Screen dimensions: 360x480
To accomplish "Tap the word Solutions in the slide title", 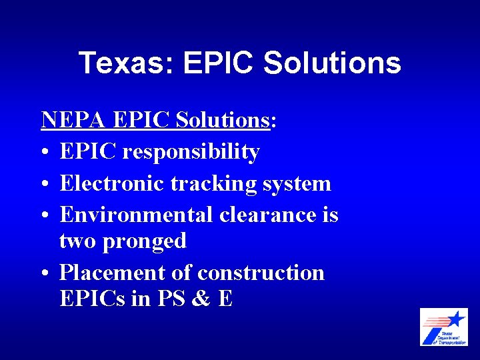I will [x=332, y=63].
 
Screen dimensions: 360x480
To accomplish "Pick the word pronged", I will [x=145, y=241].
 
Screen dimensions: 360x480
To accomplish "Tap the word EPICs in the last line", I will [x=93, y=299].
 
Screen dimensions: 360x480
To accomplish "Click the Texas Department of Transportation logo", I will [x=443, y=327].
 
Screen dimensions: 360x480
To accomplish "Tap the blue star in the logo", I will [x=455, y=318].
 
